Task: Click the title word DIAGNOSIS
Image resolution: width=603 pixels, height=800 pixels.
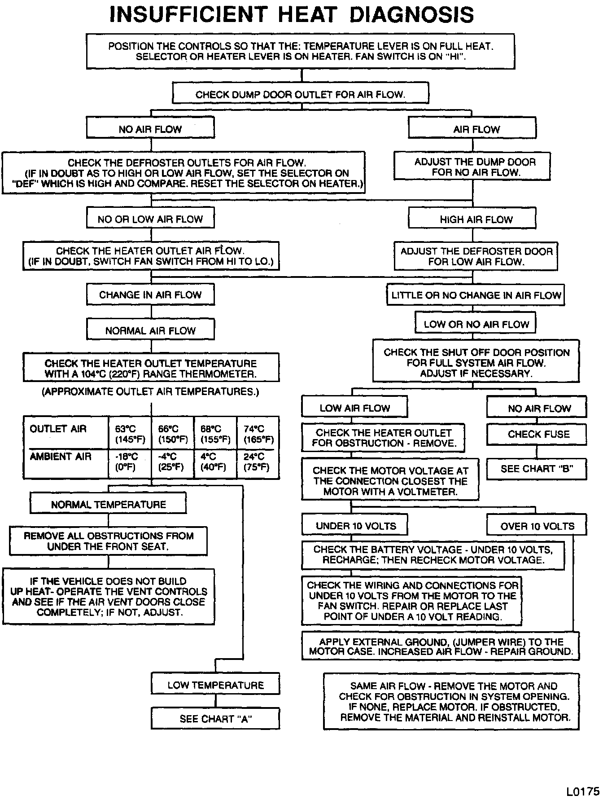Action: pos(411,15)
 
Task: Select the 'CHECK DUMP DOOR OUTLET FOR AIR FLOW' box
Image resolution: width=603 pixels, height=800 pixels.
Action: pos(301,94)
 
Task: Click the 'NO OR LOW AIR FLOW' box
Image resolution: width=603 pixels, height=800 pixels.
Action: pos(150,219)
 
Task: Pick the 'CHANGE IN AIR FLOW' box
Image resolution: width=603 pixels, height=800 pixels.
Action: pos(150,295)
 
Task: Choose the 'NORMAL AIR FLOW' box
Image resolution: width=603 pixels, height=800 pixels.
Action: pos(150,331)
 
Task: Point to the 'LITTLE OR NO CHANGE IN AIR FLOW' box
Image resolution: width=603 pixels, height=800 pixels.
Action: pos(476,295)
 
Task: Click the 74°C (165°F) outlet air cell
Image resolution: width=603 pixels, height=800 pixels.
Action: pos(258,434)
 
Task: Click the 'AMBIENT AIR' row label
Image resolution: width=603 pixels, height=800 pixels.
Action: pos(61,457)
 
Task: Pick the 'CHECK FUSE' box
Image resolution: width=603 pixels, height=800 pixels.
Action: pos(537,434)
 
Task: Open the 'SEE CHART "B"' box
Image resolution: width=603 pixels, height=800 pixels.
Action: pos(537,469)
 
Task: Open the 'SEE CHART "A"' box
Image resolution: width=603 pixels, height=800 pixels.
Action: pos(215,719)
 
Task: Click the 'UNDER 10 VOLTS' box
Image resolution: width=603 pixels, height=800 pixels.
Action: pos(355,526)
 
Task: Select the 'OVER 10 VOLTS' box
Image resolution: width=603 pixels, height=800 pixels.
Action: pos(537,526)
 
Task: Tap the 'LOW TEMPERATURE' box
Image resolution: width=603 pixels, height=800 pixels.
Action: pos(215,685)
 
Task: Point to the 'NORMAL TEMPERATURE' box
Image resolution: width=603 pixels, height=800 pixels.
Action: pos(108,504)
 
